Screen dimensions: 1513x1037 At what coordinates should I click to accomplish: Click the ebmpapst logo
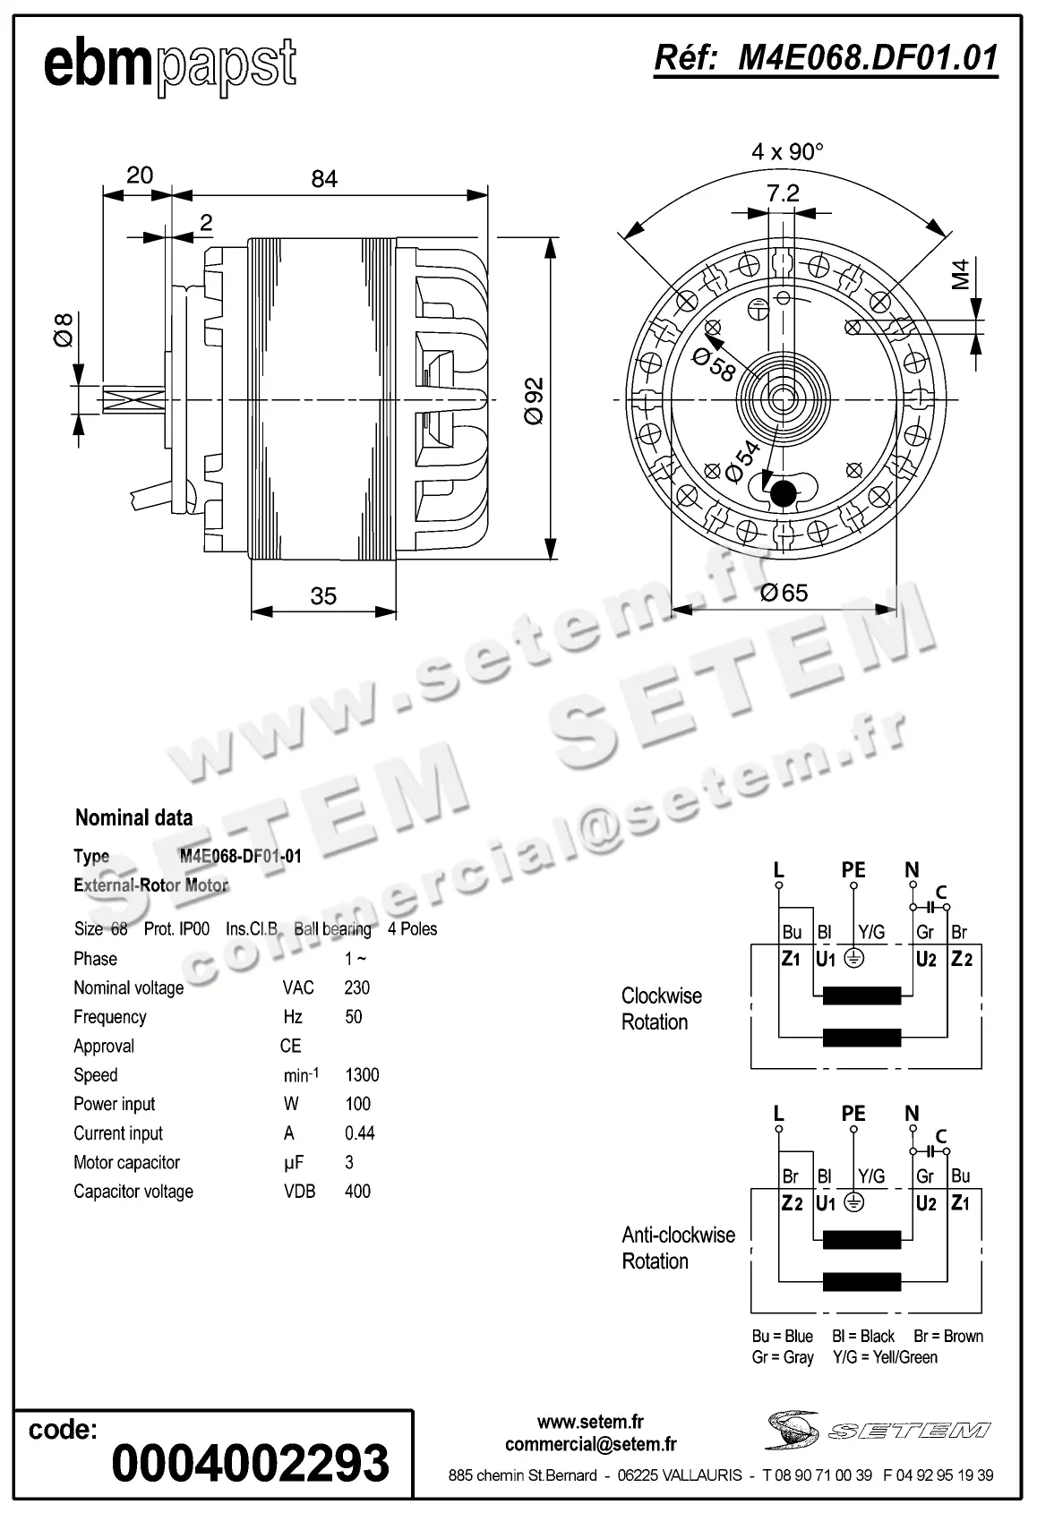[169, 65]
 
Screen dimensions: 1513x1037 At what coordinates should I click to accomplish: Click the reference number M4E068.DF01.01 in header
[826, 58]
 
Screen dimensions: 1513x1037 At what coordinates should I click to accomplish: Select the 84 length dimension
[324, 179]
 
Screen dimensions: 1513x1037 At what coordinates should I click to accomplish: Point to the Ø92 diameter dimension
[534, 400]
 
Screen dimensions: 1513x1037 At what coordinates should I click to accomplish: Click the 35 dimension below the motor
[323, 595]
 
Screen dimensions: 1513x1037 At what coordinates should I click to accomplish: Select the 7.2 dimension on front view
[783, 193]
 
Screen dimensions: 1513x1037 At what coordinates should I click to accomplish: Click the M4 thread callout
[961, 274]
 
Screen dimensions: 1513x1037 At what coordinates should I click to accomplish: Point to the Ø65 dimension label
[784, 593]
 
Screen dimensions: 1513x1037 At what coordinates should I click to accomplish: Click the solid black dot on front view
[784, 493]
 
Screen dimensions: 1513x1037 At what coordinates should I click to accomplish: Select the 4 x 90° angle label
[787, 151]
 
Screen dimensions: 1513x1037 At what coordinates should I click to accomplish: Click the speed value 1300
[362, 1075]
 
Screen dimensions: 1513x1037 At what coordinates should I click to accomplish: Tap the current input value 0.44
[359, 1133]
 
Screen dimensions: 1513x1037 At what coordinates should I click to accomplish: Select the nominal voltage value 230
[356, 987]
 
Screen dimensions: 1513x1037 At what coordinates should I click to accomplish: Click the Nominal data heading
[133, 817]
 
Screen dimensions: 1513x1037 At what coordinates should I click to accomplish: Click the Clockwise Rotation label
[661, 1009]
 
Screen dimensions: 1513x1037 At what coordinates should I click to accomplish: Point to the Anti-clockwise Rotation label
[678, 1248]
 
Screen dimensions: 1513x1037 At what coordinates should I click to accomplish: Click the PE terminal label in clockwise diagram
[853, 869]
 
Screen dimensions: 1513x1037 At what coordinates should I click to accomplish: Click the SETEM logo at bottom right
[878, 1430]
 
